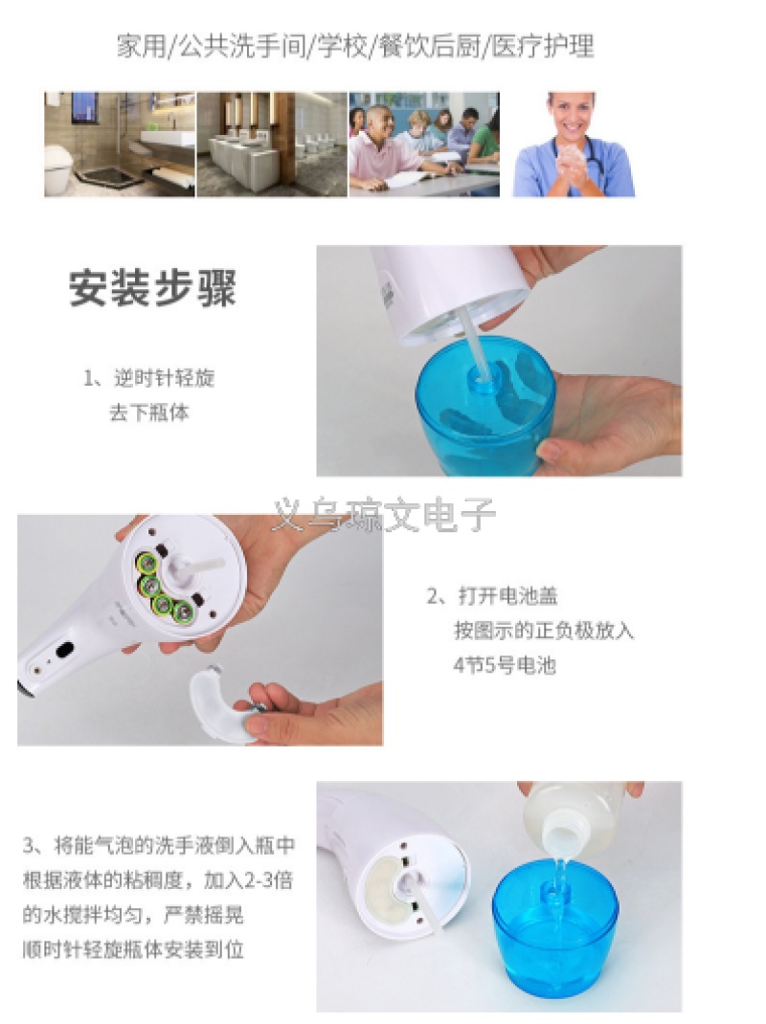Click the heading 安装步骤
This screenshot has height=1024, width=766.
pos(152,287)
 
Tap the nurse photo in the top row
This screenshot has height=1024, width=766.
pos(573,145)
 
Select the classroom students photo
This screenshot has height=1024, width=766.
pos(424,145)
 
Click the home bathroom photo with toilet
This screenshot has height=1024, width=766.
pos(120,145)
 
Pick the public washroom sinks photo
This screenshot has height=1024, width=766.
pos(272,145)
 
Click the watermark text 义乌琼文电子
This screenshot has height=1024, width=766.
pos(384,515)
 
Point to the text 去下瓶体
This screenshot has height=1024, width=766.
pos(149,412)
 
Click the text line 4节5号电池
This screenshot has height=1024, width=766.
pos(505,665)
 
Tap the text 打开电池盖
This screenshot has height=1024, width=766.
pos(507,595)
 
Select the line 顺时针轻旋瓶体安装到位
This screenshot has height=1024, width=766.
pos(133,949)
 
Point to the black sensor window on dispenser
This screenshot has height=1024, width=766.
pos(64,651)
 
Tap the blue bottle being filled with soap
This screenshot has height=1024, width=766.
pos(554,926)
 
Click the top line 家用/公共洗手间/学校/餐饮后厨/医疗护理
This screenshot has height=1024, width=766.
pos(355,47)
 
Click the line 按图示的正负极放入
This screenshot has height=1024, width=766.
pos(544,631)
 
